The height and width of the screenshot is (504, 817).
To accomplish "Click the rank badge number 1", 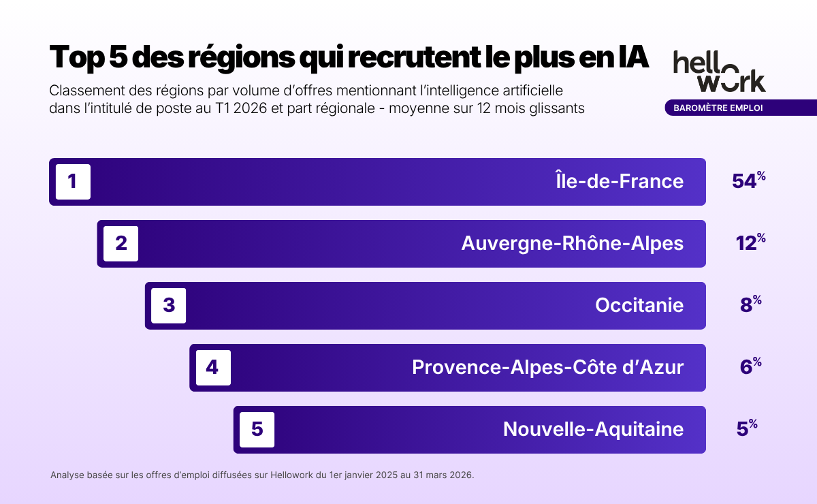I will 73,182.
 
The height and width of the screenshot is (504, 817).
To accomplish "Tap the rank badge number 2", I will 121,244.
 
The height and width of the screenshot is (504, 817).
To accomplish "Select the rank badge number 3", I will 169,306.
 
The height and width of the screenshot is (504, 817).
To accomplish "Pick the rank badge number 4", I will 212,368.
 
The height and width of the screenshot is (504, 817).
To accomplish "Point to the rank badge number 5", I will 257,430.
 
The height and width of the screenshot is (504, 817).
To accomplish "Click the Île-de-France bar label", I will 618,181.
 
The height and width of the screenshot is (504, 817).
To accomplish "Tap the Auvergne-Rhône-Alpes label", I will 572,243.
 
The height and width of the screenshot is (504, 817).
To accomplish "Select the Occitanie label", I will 639,305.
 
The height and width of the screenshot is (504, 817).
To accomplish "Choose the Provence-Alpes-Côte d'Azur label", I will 547,367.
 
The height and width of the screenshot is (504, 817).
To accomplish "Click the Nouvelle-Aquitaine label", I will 593,429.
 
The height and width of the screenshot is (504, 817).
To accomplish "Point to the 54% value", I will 748,180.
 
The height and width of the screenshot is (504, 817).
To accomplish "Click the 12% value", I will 750,242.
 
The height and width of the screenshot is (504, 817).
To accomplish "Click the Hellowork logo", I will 719,71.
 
